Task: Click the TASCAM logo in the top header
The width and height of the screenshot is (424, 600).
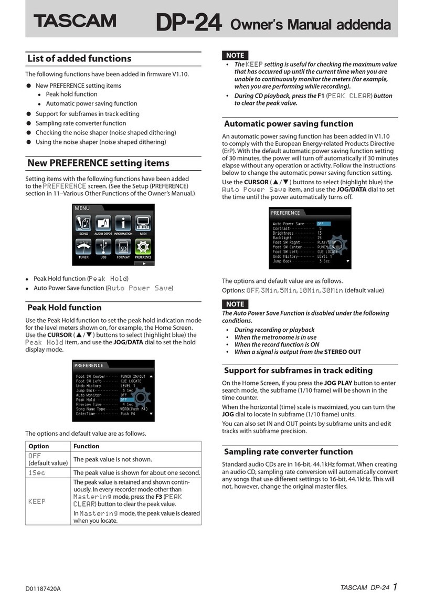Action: click(75, 21)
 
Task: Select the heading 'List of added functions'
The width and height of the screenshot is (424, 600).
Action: click(79, 58)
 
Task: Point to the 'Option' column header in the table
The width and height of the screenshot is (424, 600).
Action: click(38, 446)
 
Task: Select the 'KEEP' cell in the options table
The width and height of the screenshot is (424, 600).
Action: click(37, 501)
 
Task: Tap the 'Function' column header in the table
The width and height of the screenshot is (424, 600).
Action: click(87, 446)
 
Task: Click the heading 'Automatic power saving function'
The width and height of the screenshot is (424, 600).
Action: click(289, 124)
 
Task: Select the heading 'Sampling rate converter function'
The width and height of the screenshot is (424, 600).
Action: click(288, 451)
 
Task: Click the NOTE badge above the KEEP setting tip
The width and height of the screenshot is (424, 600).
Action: click(235, 55)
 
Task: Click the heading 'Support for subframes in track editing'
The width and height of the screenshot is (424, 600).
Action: click(298, 370)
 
